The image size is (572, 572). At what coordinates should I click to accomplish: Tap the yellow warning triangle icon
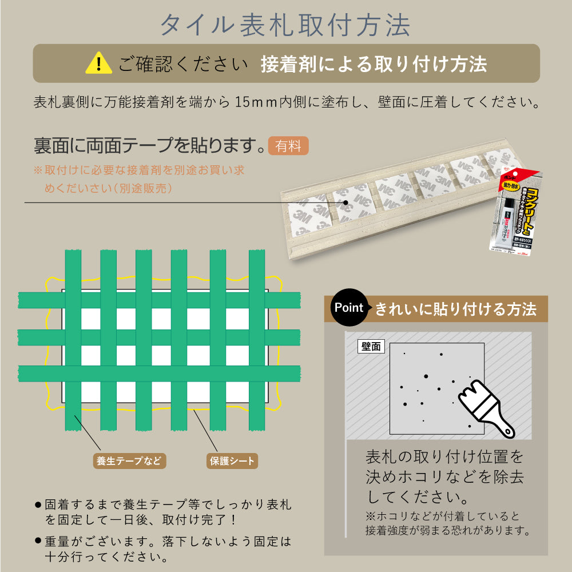click(x=98, y=63)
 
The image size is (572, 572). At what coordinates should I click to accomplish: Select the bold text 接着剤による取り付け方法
click(x=374, y=63)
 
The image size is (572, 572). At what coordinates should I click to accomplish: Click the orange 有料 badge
click(x=288, y=146)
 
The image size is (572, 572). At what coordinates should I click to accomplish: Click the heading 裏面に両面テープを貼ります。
click(x=150, y=146)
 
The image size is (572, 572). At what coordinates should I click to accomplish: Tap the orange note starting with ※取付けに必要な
click(x=138, y=178)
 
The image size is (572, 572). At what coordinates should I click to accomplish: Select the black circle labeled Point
click(x=349, y=308)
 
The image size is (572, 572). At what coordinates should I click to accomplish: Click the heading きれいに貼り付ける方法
click(x=455, y=309)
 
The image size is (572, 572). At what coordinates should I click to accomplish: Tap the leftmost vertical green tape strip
click(x=73, y=340)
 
